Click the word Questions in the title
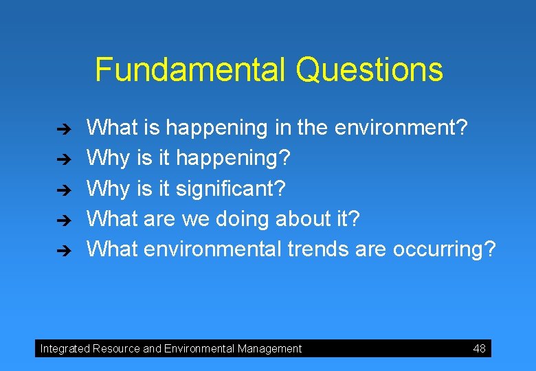click(x=369, y=70)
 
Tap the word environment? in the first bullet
click(x=399, y=127)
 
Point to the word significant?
click(x=231, y=188)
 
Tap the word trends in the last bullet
click(x=318, y=249)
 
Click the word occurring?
click(x=443, y=249)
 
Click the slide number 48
click(x=479, y=348)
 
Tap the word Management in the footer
click(x=269, y=348)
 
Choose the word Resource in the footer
click(x=116, y=348)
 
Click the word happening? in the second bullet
click(x=234, y=159)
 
